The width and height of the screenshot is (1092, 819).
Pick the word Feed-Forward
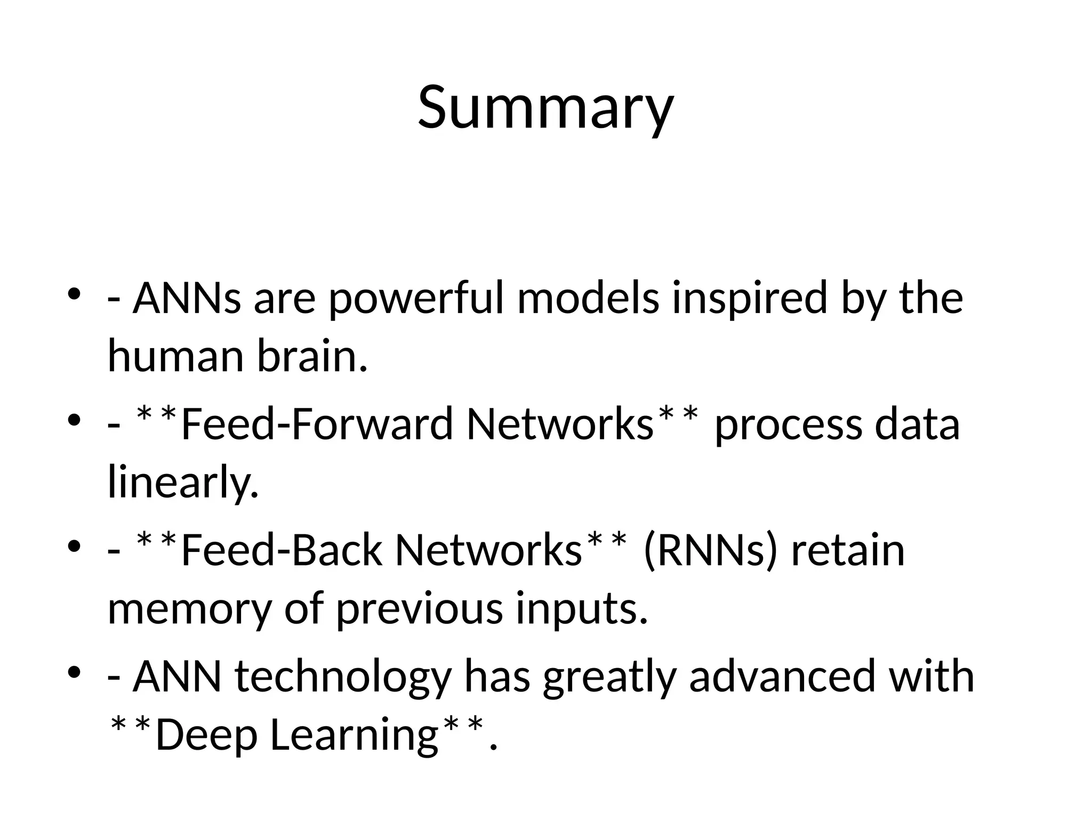click(317, 424)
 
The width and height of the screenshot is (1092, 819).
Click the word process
click(788, 424)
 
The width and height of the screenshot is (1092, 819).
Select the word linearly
click(183, 481)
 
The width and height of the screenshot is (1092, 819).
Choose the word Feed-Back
click(282, 550)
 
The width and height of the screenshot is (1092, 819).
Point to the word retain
click(848, 550)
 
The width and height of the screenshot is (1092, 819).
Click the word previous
click(419, 609)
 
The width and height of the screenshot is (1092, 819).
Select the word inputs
click(581, 609)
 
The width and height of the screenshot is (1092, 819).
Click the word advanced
click(782, 676)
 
